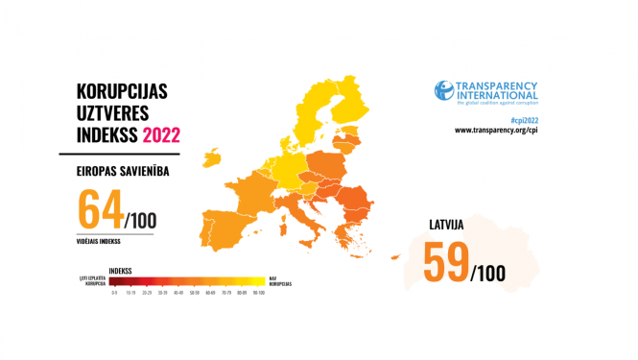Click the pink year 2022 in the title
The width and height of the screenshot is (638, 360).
160,135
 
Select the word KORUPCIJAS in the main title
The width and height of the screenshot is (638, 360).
123,92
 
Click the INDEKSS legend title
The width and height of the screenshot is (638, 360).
123,271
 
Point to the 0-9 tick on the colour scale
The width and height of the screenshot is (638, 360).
114,292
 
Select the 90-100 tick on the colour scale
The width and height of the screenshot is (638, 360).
258,292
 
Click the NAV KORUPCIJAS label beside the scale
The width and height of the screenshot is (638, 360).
281,281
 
